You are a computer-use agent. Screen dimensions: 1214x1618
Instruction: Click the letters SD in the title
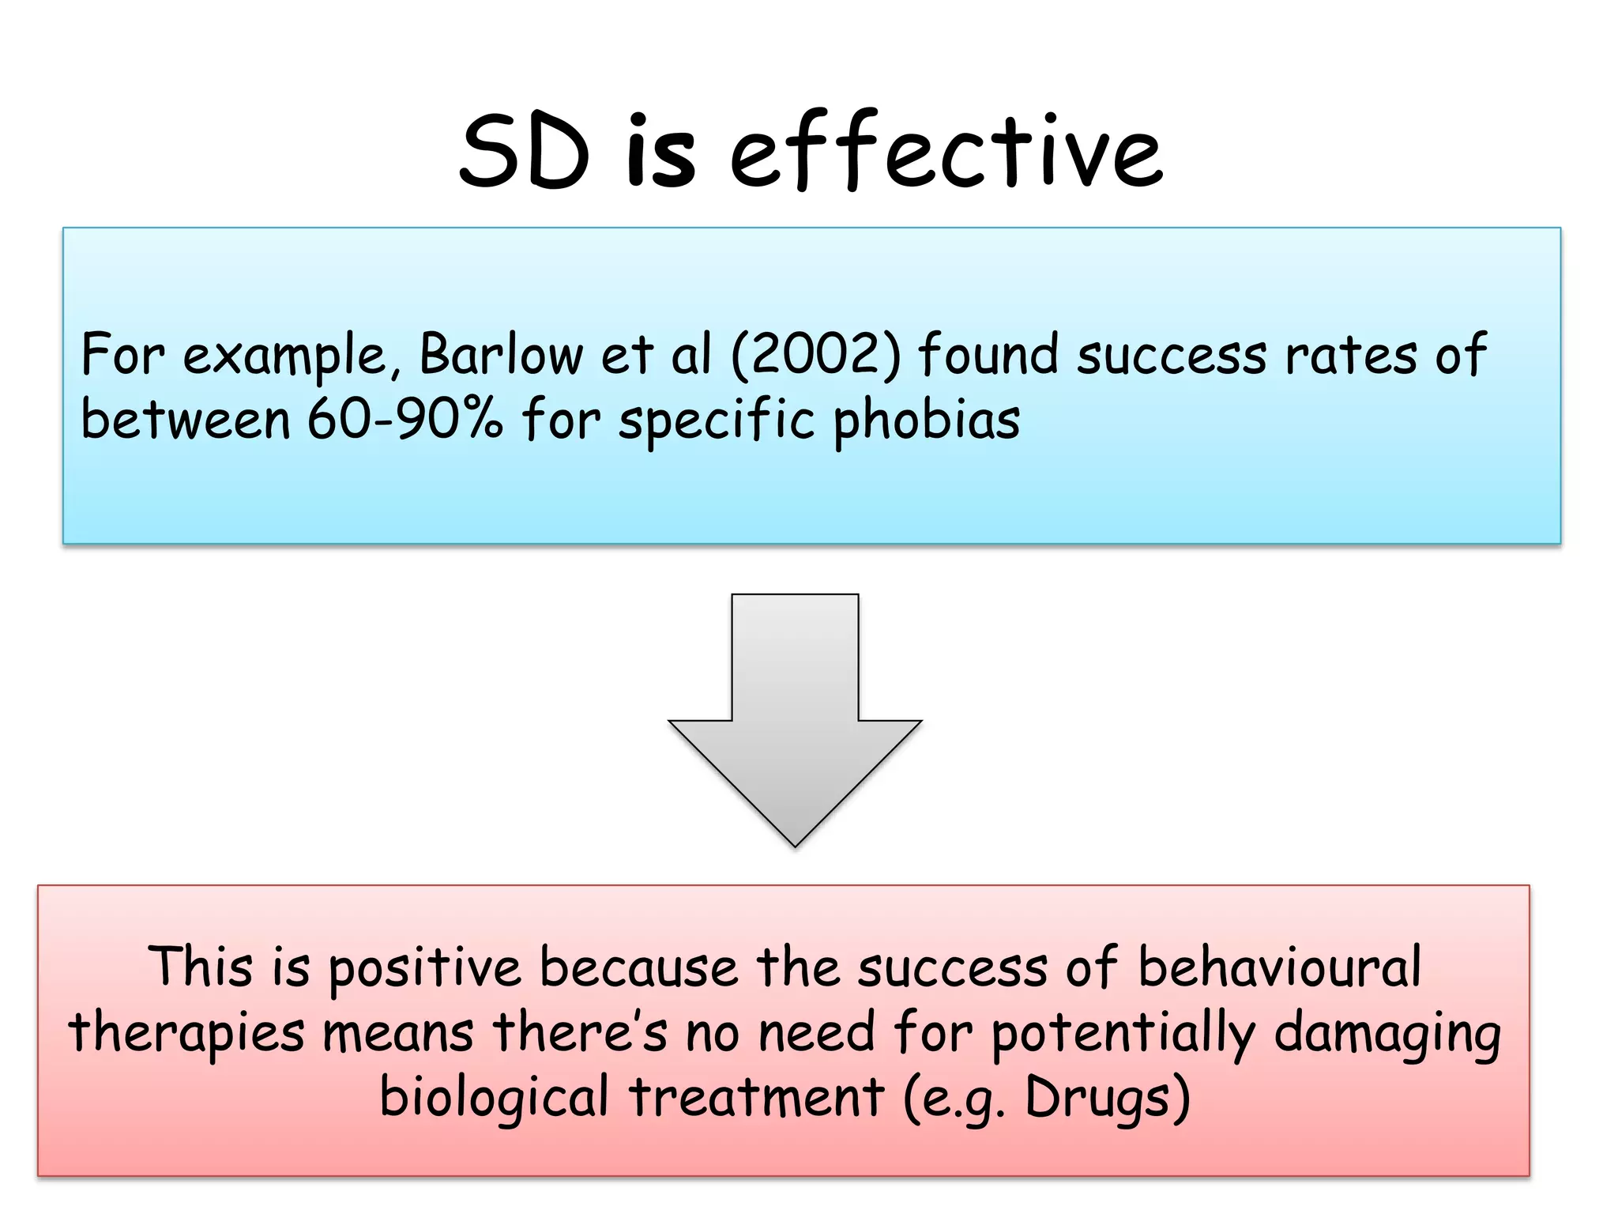tap(525, 152)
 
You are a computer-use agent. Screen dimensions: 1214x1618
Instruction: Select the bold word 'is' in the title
tap(660, 152)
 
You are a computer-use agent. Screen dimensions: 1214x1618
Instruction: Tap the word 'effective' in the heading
tap(945, 152)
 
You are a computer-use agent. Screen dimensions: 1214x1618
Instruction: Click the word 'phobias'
tap(927, 420)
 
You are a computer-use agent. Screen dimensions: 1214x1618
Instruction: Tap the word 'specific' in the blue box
tap(716, 420)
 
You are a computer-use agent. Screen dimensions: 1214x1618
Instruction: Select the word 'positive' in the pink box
tap(424, 967)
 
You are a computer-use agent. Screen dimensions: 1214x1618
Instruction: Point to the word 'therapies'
tap(186, 1032)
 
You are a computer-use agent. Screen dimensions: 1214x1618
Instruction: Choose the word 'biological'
tap(494, 1098)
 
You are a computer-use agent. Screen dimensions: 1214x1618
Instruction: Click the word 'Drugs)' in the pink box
tap(1108, 1098)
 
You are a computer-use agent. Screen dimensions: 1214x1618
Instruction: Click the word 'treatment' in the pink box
tap(756, 1096)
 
